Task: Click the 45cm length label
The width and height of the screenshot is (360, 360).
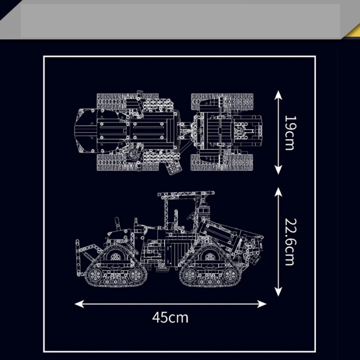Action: tap(170, 317)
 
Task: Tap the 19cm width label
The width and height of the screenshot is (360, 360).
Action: tap(290, 133)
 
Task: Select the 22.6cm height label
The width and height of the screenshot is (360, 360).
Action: tap(290, 242)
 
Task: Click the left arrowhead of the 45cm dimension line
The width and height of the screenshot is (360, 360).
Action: tap(79, 304)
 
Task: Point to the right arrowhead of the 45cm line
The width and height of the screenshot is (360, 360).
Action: tap(262, 304)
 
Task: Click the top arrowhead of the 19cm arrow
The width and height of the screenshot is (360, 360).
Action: tap(278, 94)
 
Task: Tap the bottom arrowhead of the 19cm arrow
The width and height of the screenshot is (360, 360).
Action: tap(278, 170)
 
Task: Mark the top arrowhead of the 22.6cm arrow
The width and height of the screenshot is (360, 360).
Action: tap(278, 191)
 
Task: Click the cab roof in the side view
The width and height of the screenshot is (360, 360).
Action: tap(186, 194)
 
